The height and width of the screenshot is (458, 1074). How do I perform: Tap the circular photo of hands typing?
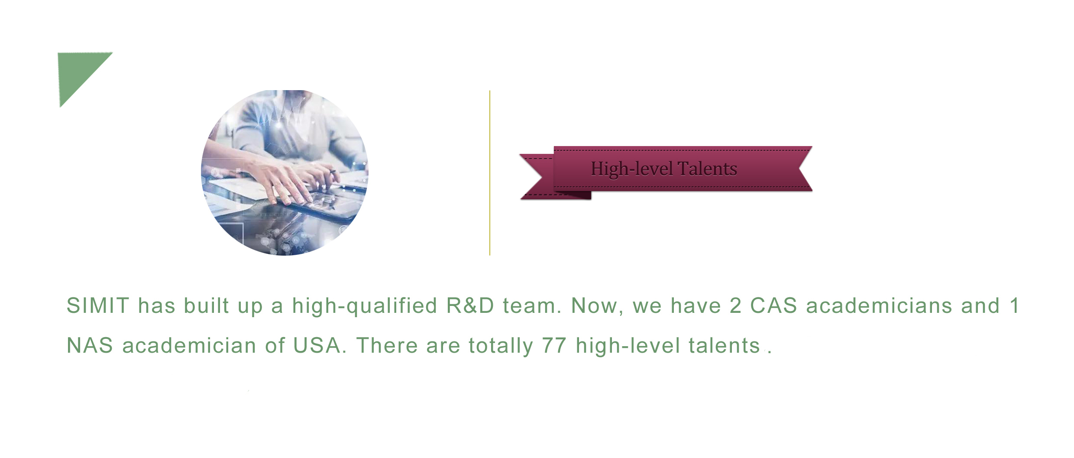pos(285,172)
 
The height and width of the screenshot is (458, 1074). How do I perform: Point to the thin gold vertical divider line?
pos(489,173)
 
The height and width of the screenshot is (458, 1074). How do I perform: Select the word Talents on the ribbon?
pos(707,169)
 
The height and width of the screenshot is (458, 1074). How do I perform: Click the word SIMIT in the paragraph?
pos(98,305)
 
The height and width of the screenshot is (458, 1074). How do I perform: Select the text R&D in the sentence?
pos(470,305)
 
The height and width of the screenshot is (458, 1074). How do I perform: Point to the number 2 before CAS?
pos(735,305)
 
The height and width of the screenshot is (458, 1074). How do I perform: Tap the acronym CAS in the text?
pos(773,305)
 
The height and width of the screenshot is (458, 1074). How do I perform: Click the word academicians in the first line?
pos(879,305)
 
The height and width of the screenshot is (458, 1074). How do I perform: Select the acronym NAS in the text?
pos(90,345)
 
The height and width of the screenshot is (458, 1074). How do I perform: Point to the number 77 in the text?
pos(554,345)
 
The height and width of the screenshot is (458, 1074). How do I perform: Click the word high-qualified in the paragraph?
pos(365,306)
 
